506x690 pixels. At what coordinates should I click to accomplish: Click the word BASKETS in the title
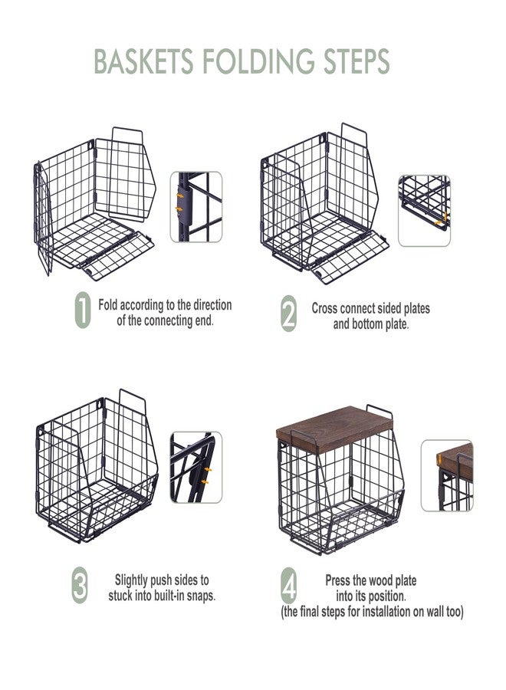pos(143,61)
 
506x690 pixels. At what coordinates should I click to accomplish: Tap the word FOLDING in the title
pos(258,61)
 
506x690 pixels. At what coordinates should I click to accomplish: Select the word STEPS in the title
pos(356,61)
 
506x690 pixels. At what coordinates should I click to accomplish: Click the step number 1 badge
pos(83,310)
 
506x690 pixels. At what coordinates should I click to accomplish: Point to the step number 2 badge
pos(288,314)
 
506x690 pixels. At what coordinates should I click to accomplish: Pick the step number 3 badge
pos(80,586)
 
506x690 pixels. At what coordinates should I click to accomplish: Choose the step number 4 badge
pos(288,586)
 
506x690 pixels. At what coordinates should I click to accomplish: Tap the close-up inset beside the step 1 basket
pos(196,207)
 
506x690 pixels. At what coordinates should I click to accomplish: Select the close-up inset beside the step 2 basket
pos(424,210)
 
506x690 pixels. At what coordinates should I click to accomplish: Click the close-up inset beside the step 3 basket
pos(196,468)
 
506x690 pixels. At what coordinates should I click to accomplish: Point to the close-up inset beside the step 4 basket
pos(447,475)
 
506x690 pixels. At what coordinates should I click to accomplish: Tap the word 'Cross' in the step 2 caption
pos(325,308)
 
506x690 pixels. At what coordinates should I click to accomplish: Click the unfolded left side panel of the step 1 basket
pos(44,219)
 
